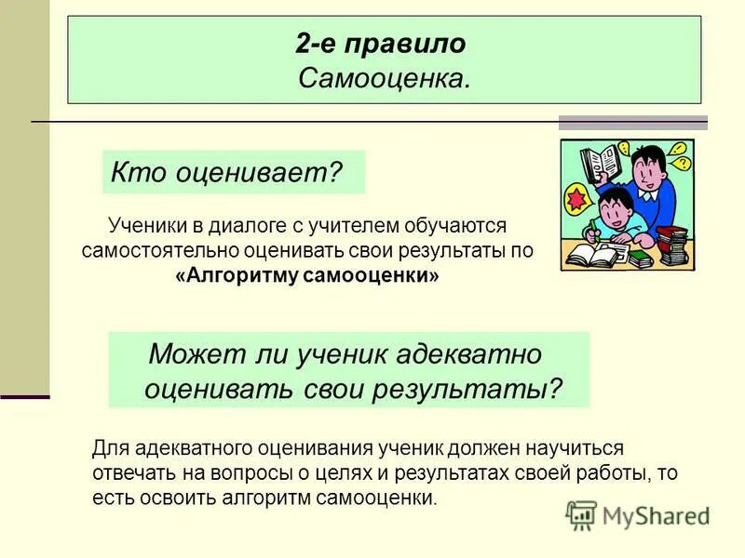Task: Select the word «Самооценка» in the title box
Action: [x=381, y=79]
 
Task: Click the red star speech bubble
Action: [x=577, y=200]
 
